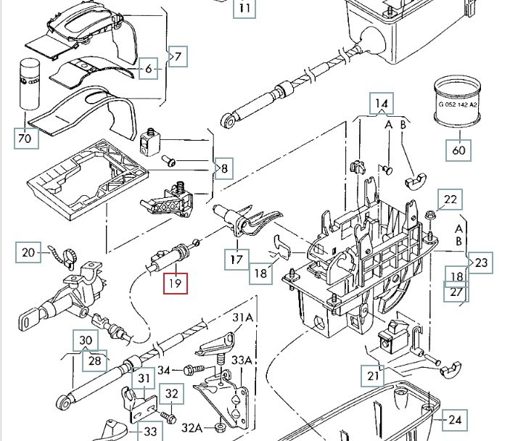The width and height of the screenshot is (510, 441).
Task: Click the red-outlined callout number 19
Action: [175, 281]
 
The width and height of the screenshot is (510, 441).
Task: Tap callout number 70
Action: [25, 138]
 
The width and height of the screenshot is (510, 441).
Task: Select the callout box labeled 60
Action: [459, 150]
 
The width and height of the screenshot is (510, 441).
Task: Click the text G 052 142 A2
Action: [458, 104]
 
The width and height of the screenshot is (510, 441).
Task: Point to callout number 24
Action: [454, 419]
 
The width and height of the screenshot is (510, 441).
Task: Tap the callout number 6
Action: [149, 69]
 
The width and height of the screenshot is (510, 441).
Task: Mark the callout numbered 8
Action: [224, 170]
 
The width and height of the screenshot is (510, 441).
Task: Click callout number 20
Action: [28, 252]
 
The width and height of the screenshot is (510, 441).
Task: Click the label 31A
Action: [242, 317]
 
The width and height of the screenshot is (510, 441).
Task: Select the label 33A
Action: [242, 360]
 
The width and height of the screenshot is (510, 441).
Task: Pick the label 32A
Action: [192, 426]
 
